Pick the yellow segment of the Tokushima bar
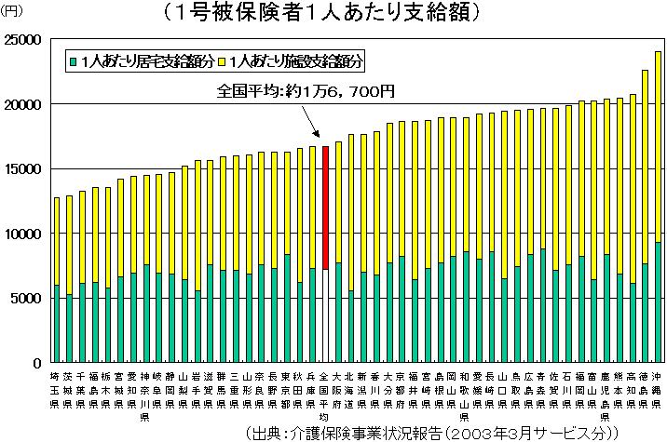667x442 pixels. [646, 167]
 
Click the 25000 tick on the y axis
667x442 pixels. [22, 40]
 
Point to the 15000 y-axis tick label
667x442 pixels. [22, 169]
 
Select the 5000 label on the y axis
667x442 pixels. [26, 299]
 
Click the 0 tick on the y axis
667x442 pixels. [36, 363]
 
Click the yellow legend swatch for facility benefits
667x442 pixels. [223, 61]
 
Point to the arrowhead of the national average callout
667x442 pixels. [322, 141]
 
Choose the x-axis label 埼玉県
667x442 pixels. [57, 391]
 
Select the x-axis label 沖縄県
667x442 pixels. [659, 391]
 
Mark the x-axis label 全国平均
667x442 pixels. [325, 396]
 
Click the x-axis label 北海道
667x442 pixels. [350, 391]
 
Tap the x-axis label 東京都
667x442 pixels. [287, 391]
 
